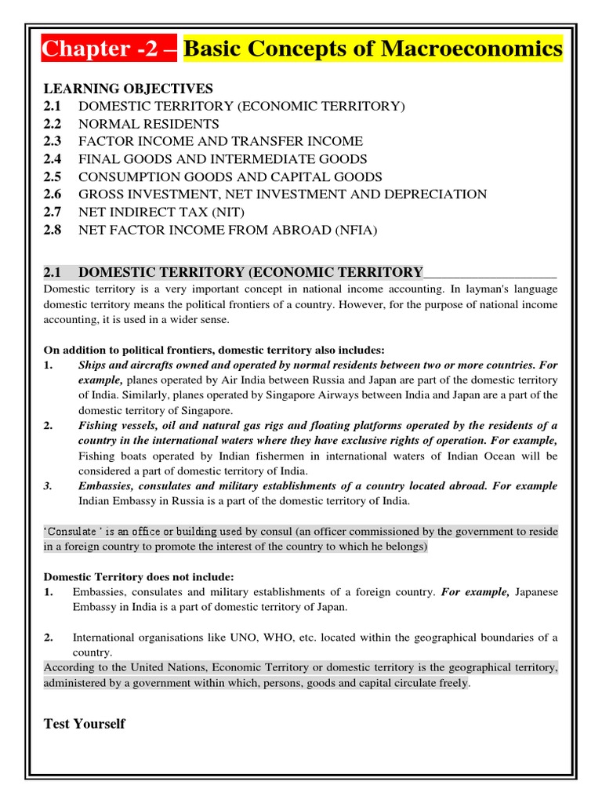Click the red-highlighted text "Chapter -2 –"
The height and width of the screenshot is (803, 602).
coord(111,49)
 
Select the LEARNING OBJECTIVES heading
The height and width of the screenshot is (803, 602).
coord(128,89)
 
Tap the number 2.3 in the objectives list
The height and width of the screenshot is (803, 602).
coord(53,141)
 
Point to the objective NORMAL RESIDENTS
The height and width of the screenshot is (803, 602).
coord(149,124)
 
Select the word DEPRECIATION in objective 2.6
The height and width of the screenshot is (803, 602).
coord(441,194)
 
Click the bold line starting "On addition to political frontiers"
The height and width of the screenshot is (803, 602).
coord(214,350)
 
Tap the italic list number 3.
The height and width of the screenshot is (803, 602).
coord(48,486)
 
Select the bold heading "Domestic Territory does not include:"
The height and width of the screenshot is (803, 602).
coord(139,577)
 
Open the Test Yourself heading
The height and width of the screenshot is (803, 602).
coord(84,723)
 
